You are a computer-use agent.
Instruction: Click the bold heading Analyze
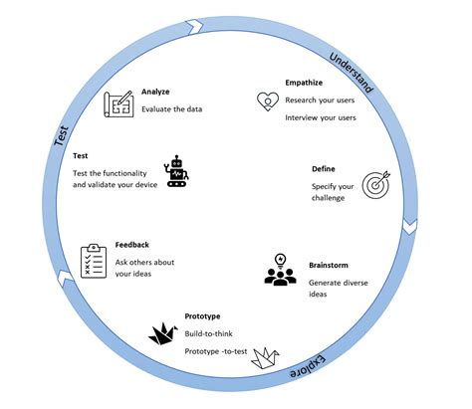(x=157, y=92)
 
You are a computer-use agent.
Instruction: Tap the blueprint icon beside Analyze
(x=119, y=104)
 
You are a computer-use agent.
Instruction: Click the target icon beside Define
(x=376, y=185)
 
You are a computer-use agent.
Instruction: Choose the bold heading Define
(x=326, y=168)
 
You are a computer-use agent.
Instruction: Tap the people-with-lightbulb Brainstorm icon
(x=281, y=271)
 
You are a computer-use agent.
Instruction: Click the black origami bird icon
(x=163, y=332)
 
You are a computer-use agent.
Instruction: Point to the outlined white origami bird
(x=267, y=355)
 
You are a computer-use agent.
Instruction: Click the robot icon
(x=178, y=171)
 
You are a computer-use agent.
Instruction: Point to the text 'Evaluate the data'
(x=172, y=108)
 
